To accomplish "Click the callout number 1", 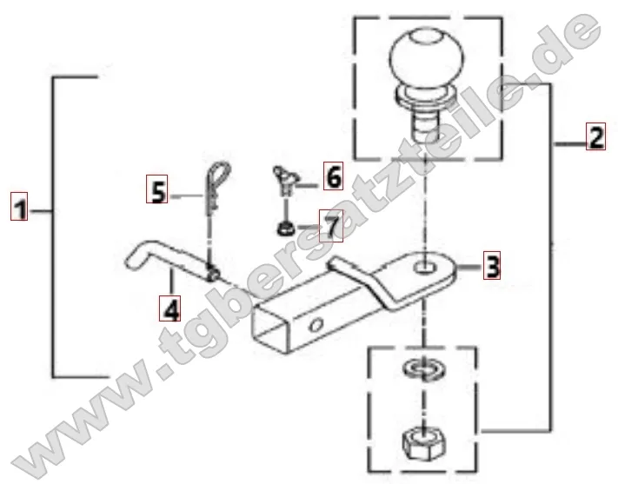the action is [x=19, y=206].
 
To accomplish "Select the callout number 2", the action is [x=595, y=136].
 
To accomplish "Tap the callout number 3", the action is [x=491, y=265].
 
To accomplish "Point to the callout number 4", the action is [x=169, y=308].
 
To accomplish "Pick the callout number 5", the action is [x=156, y=189].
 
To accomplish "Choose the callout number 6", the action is [x=333, y=176].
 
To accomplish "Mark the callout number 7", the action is [x=331, y=226].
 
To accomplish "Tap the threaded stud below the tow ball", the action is [x=426, y=125].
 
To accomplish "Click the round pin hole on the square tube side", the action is [x=316, y=325].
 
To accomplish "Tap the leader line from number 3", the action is [x=469, y=268].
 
